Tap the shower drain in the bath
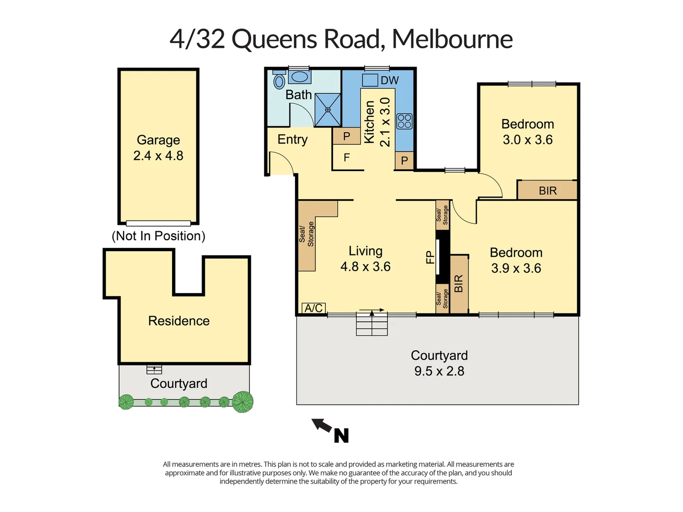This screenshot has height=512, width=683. coord(328,110)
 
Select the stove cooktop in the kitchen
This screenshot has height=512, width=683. coord(404,121)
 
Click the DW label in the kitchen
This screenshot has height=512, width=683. coord(389,81)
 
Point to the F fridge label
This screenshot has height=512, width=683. coord(347,157)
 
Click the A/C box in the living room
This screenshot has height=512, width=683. coord(314,308)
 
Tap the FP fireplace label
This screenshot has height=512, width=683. coord(430,257)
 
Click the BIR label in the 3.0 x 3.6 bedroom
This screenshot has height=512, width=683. coord(547,191)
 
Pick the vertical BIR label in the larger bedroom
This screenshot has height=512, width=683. coord(459,283)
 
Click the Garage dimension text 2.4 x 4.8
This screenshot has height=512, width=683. coord(158,155)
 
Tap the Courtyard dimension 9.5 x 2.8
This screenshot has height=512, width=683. coord(439,371)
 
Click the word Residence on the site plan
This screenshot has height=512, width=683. coord(179,321)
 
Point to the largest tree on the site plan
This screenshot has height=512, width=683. coord(242,402)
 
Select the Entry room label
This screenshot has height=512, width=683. coord(292,139)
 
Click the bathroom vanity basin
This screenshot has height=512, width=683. coord(299,76)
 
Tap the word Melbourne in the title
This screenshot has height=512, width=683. coord(452,39)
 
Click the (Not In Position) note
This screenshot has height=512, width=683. coord(158,236)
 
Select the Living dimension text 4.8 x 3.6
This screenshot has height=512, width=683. coord(365,267)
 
